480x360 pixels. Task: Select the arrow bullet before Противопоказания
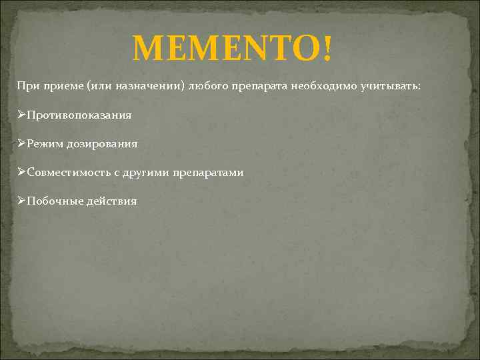tap(21, 115)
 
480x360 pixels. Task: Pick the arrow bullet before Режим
tap(21, 143)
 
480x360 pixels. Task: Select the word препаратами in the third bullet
tap(208, 172)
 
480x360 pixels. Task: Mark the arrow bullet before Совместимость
tap(21, 172)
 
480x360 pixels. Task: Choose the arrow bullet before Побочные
tap(21, 201)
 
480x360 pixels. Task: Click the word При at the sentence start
tap(26, 87)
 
